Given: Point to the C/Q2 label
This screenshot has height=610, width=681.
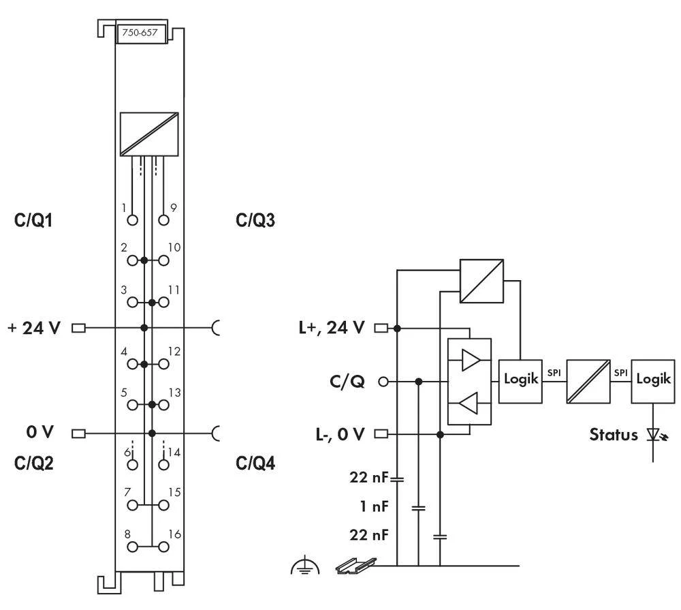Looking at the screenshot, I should click(33, 463).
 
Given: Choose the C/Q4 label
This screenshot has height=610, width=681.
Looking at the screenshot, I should click(256, 463).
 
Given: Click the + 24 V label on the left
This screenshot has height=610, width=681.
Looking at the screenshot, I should click(33, 329).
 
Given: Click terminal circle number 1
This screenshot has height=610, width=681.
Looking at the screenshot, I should click(132, 220).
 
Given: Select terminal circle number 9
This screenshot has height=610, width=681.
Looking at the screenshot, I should click(163, 220).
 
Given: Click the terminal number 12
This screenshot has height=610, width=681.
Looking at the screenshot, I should click(174, 351).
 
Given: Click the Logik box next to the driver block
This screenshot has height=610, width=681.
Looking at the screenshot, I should click(521, 380).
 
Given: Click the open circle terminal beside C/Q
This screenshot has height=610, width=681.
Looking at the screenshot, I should click(383, 382).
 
